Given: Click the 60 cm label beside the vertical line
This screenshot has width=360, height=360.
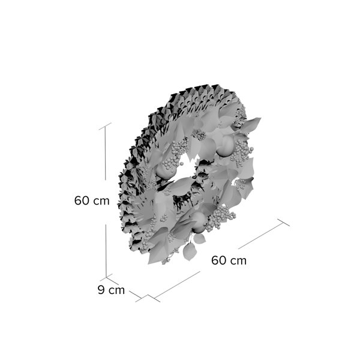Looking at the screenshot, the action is tap(92, 200).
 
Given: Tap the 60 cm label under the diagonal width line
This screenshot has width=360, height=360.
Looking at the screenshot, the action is tap(229, 260).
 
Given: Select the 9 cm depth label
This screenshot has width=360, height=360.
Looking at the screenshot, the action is tap(111, 290).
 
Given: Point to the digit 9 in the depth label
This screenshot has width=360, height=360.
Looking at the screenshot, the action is tap(101, 290).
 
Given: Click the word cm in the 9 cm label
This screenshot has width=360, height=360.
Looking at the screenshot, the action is tap(116, 290).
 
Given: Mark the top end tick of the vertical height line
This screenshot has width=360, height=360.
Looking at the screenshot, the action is tap(105, 126).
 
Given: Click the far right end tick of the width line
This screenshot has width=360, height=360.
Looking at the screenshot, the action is tap(283, 222).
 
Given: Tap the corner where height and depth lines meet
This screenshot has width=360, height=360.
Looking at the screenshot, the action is tap(106, 277).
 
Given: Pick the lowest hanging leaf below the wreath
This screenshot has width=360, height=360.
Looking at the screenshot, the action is tap(190, 252).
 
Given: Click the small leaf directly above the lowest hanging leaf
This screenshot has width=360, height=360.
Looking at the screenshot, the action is tap(199, 239).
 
